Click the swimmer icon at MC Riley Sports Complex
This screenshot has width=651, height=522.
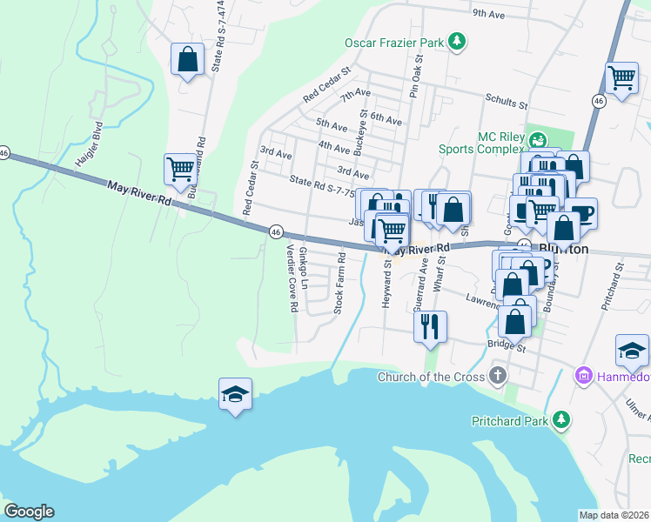coord(539,138)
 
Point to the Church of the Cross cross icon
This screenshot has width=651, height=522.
coord(497,377)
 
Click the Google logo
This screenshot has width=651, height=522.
coord(29,512)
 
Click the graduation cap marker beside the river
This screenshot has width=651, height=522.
coord(235,395)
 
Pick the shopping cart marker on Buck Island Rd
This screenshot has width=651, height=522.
coord(181,170)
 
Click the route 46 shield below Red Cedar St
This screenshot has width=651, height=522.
coord(275,231)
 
